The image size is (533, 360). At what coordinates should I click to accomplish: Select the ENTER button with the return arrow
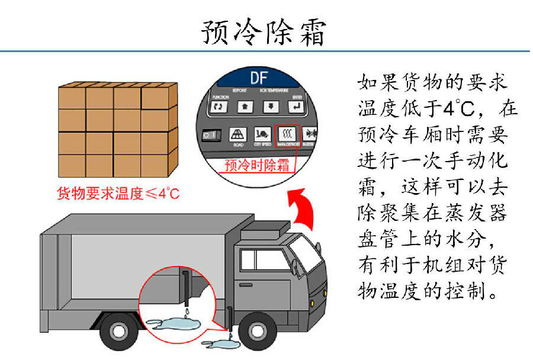(x=295, y=107)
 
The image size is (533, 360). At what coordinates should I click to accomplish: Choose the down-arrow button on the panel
(x=269, y=107)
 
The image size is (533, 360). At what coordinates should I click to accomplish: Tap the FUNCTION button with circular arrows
(x=220, y=107)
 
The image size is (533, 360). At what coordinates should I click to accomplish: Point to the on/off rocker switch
(x=209, y=135)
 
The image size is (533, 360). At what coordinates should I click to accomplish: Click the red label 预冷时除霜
(x=255, y=165)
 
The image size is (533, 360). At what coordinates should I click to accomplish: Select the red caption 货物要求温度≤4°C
(x=117, y=194)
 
